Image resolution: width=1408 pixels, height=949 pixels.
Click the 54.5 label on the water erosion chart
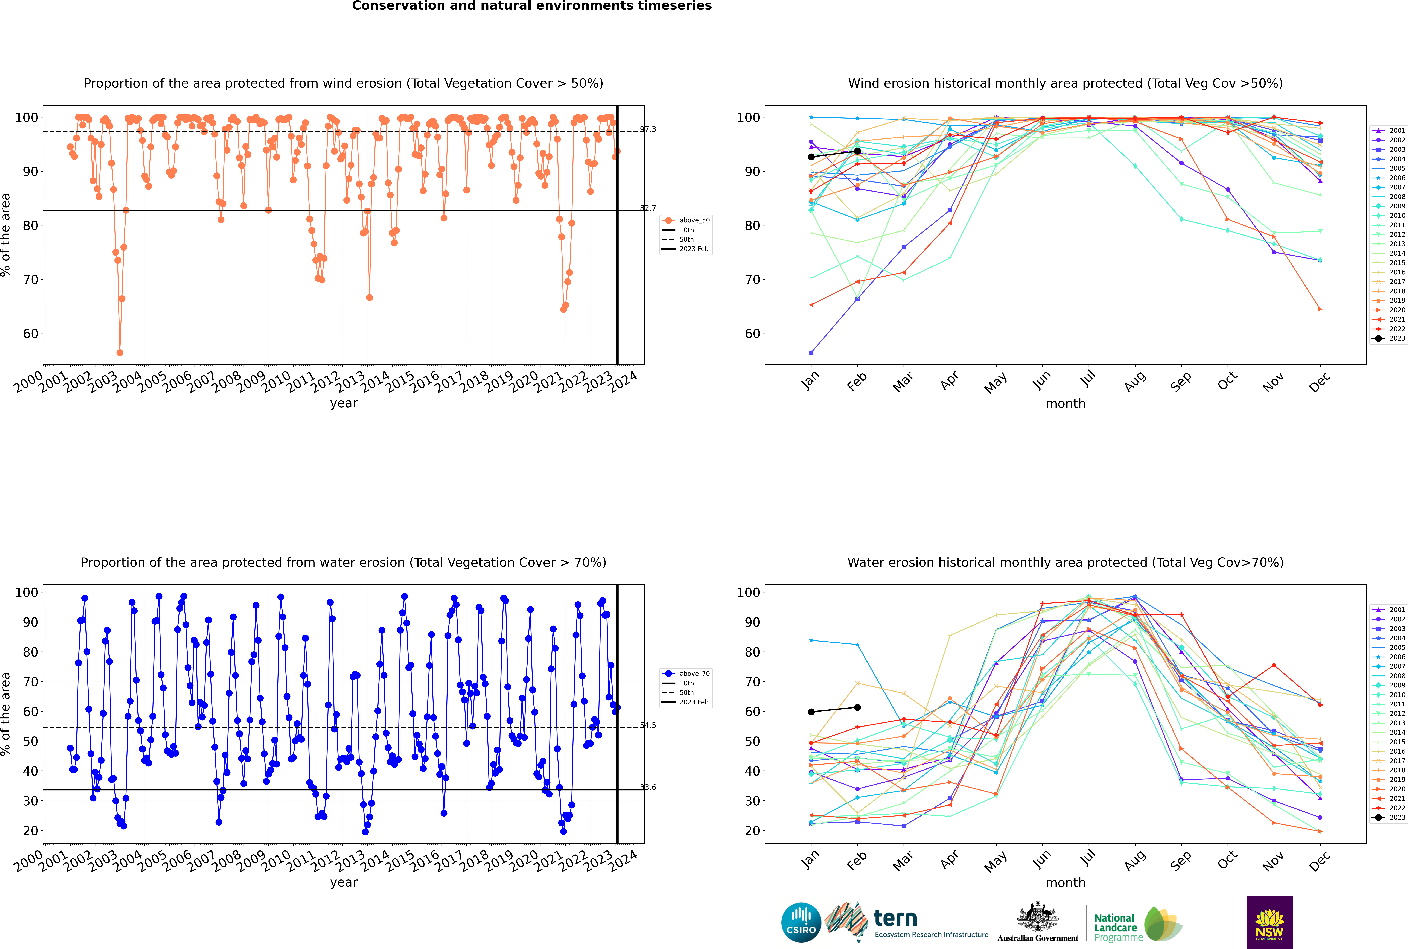click(x=648, y=725)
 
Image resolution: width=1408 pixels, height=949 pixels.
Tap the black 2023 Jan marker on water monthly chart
click(x=811, y=712)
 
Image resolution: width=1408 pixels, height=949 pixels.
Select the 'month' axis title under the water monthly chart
click(x=1065, y=882)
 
